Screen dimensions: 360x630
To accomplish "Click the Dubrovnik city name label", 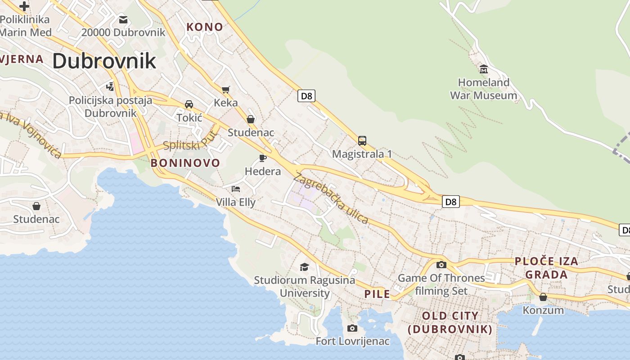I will point(104,61).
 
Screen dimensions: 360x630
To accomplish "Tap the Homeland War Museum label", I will point(484,89).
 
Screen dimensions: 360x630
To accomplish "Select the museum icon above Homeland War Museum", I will point(484,69).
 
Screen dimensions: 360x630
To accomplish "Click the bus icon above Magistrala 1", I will point(362,140).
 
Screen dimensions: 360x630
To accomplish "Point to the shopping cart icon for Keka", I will point(225,89).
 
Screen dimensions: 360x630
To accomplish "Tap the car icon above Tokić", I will point(189,104).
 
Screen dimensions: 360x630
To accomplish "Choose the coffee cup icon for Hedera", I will point(263,158).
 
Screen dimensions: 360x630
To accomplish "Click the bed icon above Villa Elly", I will point(236,189).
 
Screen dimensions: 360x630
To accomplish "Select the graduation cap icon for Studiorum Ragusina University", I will point(305,267).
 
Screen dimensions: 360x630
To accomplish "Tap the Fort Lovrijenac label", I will point(352,341).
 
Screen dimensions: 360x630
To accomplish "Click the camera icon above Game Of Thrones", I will point(441,265).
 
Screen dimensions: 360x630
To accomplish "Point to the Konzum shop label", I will point(543,310).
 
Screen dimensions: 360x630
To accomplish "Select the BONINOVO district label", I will point(185,163).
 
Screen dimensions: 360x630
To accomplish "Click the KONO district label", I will point(205,27).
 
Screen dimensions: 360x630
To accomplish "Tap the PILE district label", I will point(377,294).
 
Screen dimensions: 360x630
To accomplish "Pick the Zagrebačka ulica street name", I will point(331,198).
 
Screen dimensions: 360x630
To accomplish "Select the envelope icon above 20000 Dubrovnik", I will point(123,20).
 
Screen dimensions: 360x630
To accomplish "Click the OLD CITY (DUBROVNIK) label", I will point(450,322).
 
